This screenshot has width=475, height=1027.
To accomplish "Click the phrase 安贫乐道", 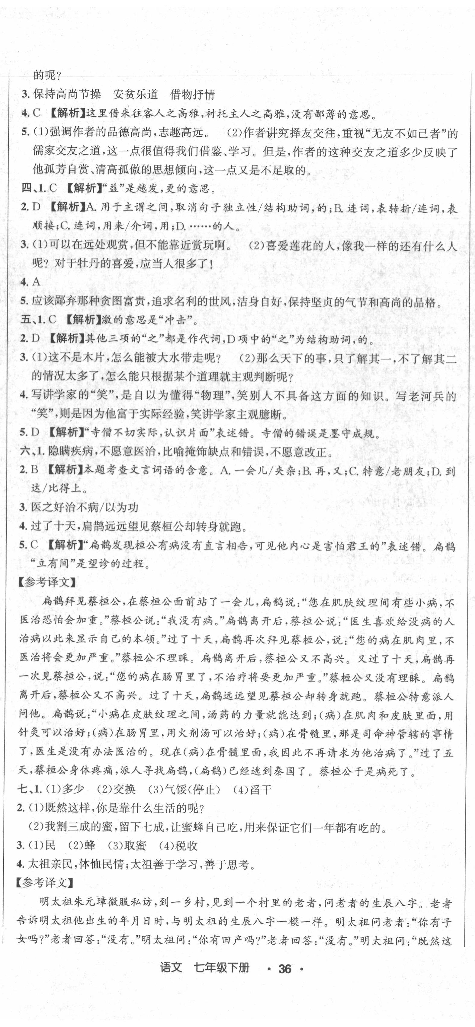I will [136, 95].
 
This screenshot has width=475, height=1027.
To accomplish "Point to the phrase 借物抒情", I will [192, 95].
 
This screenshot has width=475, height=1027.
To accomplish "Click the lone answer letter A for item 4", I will [36, 282].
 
